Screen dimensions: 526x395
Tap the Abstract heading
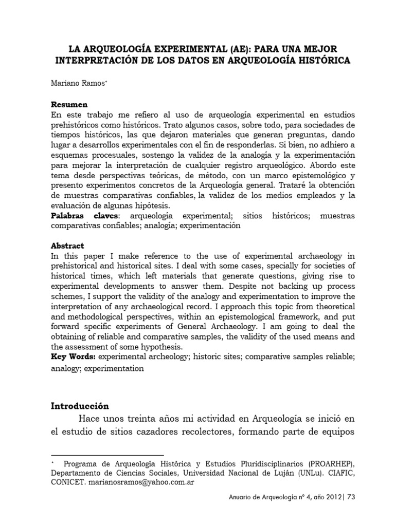(67, 246)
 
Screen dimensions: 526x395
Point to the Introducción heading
(80, 405)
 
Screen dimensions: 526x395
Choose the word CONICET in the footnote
(69, 483)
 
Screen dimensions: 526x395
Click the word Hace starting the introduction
(90, 420)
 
